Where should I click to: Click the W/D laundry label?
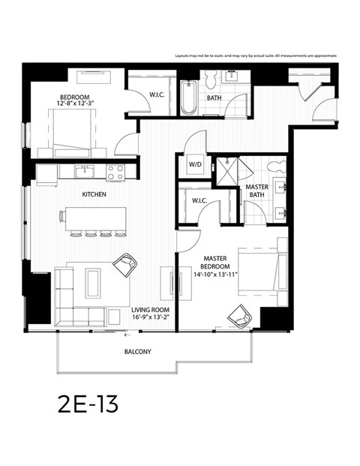pos(195,164)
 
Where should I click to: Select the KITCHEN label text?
pos(94,194)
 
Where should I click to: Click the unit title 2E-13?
pos(87,404)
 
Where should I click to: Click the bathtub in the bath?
pos(187,98)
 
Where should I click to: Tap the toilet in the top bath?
pos(212,79)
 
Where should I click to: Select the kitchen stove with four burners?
pos(115,173)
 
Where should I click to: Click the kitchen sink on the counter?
pos(85,171)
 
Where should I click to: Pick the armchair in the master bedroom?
pos(240,317)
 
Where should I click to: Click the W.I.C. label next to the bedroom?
pos(157,95)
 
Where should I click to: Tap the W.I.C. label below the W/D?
pos(199,200)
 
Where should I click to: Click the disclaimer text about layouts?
pos(256,56)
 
